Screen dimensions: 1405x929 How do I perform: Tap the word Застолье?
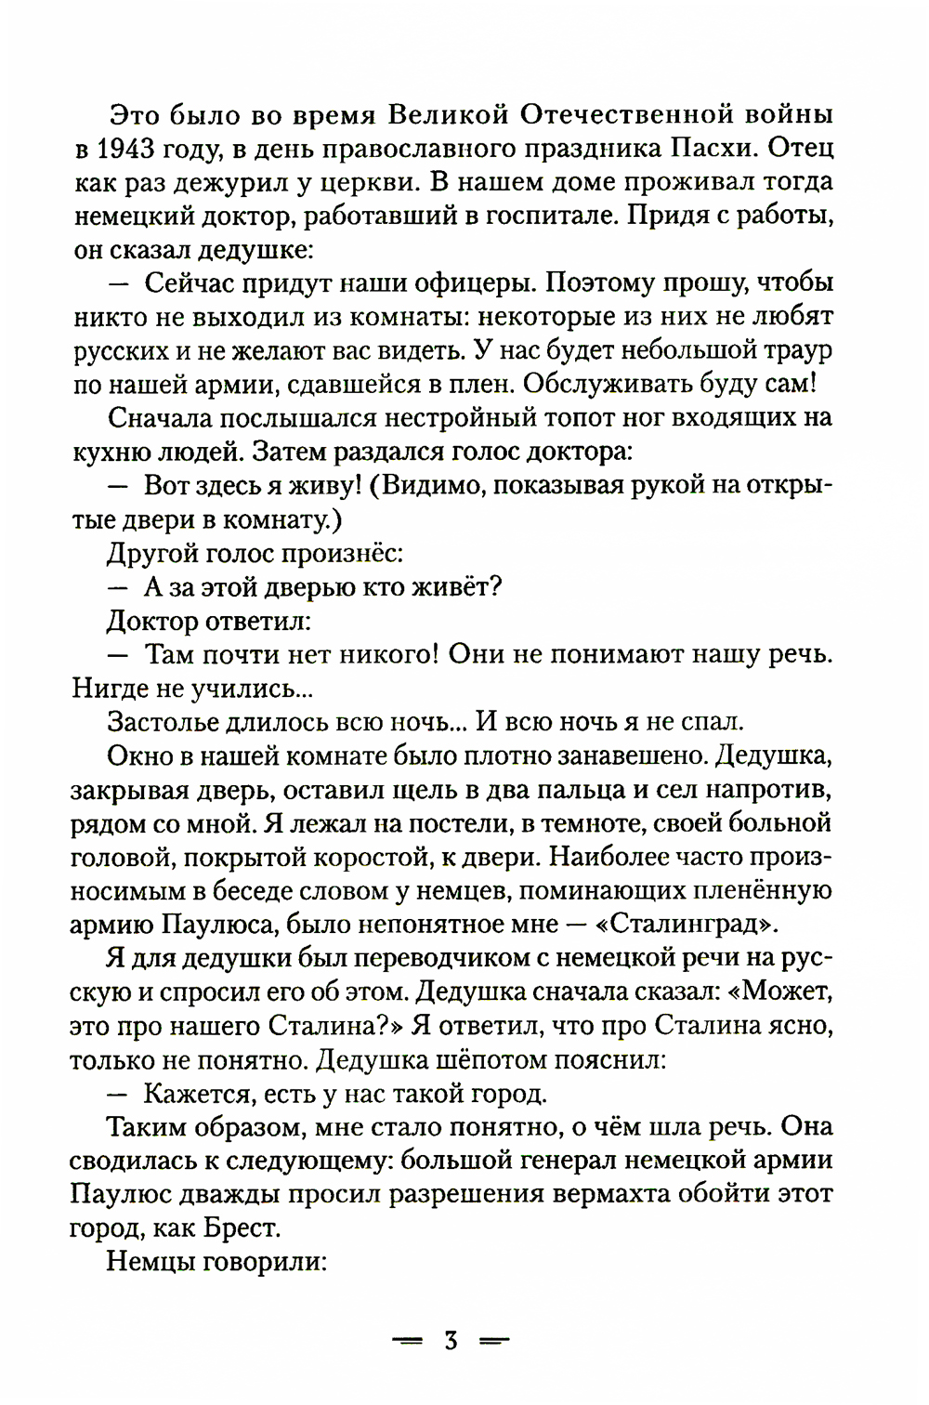tap(177, 721)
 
